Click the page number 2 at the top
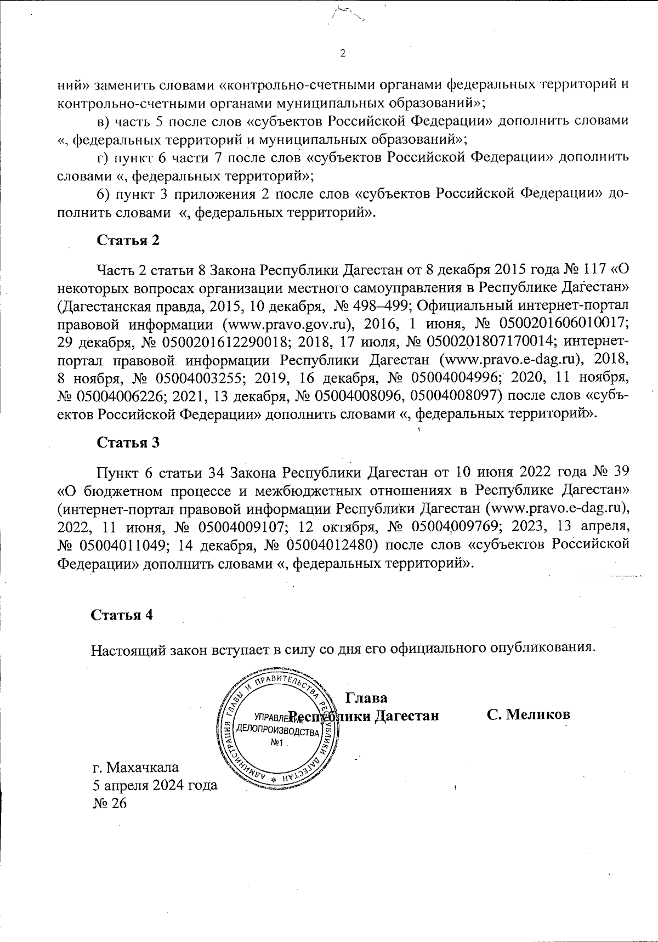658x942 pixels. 343,53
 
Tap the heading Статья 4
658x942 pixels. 121,615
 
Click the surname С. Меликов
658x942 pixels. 529,714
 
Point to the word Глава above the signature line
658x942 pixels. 366,698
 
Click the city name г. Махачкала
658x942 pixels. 136,766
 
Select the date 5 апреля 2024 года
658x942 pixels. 155,785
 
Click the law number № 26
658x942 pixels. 110,803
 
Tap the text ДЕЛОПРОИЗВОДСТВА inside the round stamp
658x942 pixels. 277,732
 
